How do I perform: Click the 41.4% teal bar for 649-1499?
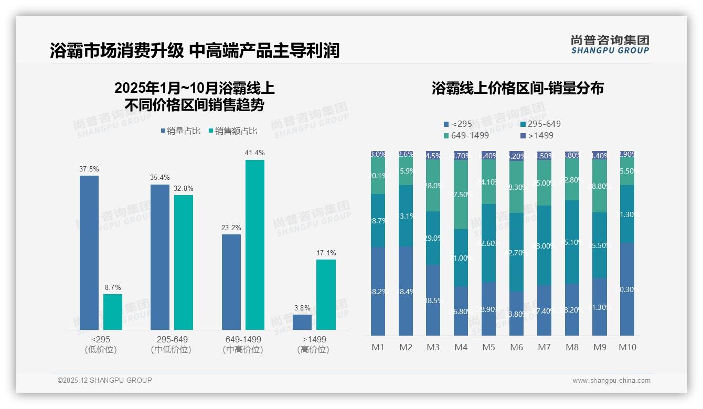(254, 244)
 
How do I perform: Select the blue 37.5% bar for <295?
(89, 252)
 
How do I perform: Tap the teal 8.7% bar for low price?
(112, 311)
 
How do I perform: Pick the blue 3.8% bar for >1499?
(302, 322)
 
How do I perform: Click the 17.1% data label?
(326, 253)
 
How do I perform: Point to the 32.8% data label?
(184, 189)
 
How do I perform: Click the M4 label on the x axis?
(461, 347)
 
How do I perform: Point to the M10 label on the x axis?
(627, 347)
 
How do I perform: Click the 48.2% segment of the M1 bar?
(378, 292)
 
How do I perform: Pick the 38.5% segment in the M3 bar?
(433, 300)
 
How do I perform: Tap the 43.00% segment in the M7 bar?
(544, 245)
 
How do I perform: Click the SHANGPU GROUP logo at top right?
(610, 45)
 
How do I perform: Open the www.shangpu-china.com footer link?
(611, 381)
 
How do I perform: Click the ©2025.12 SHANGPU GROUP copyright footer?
(105, 380)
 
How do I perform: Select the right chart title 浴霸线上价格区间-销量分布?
(517, 88)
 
